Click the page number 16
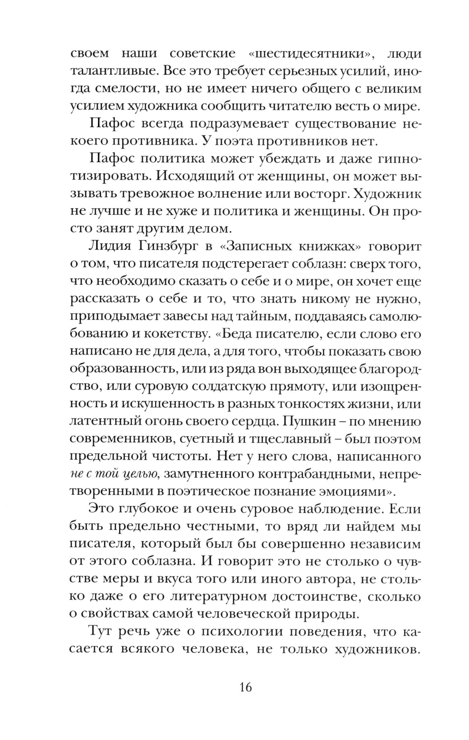(245, 687)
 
